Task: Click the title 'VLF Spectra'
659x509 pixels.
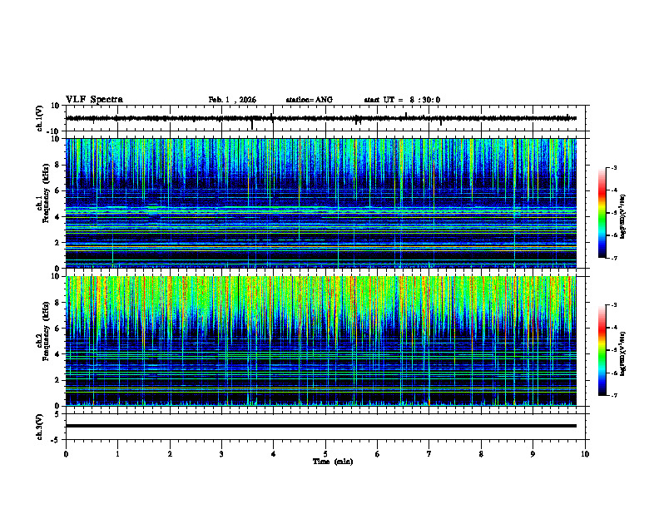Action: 94,100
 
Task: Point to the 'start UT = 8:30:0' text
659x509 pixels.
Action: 402,100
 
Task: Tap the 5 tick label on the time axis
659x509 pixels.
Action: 325,453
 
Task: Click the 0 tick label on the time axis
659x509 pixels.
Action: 66,453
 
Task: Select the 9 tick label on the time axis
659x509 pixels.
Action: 533,453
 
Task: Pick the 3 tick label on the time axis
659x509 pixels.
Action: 221,453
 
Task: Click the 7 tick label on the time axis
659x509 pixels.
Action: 429,453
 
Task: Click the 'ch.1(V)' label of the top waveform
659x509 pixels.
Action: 40,118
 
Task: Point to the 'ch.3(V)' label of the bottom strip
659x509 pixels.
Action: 40,426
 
